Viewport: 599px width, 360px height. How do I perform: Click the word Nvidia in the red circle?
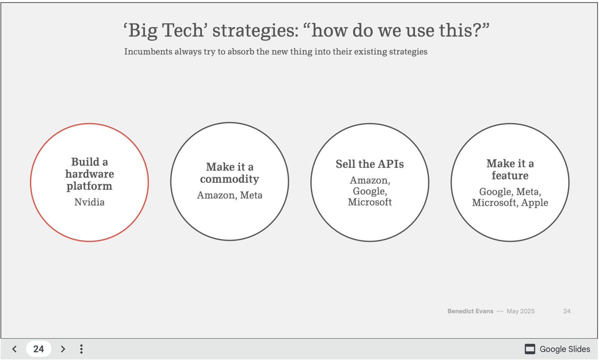click(89, 202)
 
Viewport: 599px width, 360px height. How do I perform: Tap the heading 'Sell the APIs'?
click(370, 164)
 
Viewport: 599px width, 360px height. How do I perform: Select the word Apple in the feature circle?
click(535, 203)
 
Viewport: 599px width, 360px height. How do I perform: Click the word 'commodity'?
click(230, 179)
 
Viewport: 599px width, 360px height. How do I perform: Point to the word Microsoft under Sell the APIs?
click(370, 202)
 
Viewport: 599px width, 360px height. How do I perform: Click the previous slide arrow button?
click(14, 349)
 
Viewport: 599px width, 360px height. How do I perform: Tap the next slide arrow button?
click(63, 349)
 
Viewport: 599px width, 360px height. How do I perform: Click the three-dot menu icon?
click(81, 349)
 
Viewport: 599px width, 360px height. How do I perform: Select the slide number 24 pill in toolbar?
click(38, 349)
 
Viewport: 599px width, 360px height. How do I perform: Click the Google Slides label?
click(565, 349)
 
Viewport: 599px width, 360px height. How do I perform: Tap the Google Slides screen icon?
click(530, 349)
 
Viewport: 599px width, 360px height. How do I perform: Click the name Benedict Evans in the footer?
click(470, 311)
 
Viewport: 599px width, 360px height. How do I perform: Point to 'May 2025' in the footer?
click(521, 311)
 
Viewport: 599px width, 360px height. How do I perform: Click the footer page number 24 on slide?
click(567, 311)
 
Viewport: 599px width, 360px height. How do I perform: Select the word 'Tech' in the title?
click(183, 30)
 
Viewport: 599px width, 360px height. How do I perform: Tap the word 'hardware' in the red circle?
click(89, 174)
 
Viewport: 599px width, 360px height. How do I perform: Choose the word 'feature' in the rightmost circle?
click(510, 176)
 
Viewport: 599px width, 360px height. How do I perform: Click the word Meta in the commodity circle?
click(251, 195)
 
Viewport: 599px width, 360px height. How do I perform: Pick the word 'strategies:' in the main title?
click(256, 31)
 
